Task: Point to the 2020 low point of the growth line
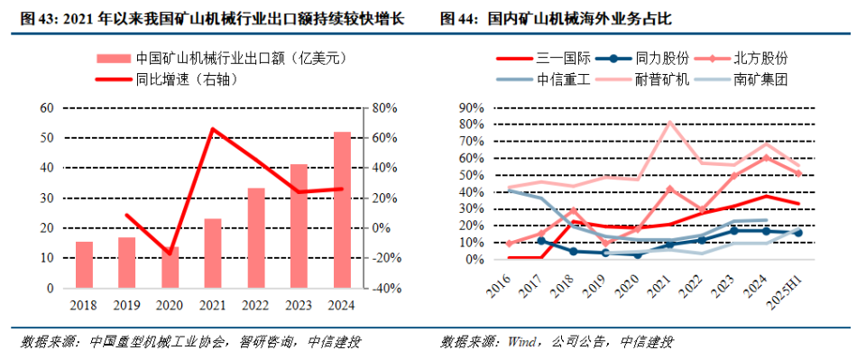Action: click(170, 254)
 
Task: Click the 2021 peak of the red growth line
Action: click(213, 129)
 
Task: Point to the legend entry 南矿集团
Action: click(760, 78)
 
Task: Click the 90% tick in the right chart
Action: click(473, 107)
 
